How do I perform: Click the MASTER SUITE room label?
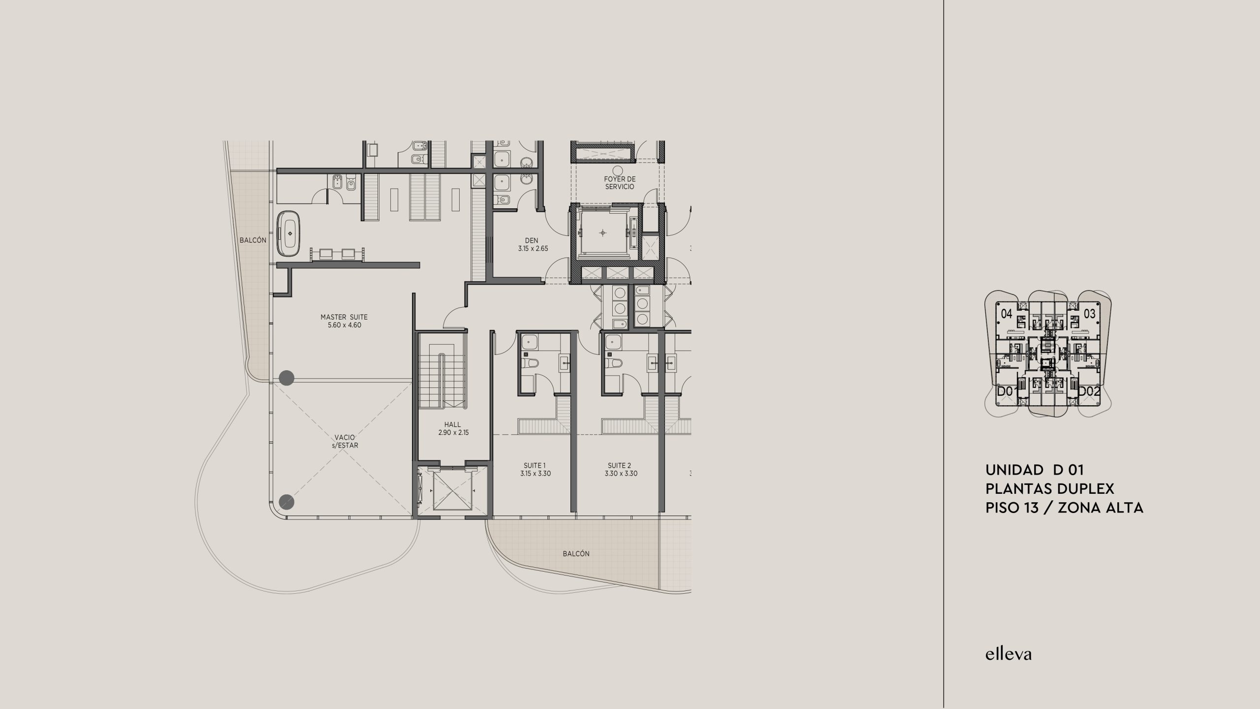pos(344,321)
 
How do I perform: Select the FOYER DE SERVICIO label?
pos(620,183)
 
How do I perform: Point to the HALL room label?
pos(452,428)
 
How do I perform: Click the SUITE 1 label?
pos(535,469)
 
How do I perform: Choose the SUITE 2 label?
pos(619,469)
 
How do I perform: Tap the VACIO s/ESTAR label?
pos(345,441)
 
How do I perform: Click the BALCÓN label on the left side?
pos(253,240)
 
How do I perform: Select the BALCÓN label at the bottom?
pos(576,553)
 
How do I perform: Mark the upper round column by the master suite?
pos(286,378)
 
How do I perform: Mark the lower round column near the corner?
pos(286,501)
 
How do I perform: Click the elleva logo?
pos(1008,654)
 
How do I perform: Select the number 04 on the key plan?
pos(1007,313)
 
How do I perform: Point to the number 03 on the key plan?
pos(1090,313)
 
